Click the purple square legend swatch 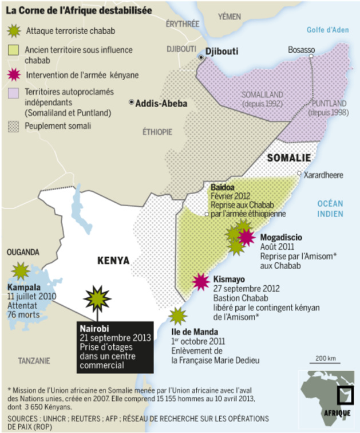point(13,92)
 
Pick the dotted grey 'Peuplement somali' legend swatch point(13,124)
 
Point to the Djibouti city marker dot point(200,57)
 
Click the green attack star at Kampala point(21,270)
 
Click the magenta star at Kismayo point(201,281)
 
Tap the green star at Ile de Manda point(178,315)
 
